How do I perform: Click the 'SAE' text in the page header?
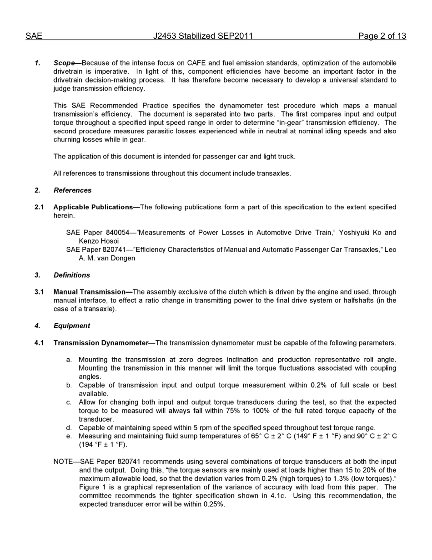(34, 36)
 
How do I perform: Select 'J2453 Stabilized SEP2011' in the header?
(203, 36)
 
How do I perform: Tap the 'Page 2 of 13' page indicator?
(382, 36)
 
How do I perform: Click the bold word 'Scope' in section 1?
(64, 63)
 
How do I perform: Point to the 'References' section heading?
(72, 190)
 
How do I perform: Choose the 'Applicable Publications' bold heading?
(93, 207)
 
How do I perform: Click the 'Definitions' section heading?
(72, 275)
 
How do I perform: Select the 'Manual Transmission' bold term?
(89, 292)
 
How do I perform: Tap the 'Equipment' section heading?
(72, 326)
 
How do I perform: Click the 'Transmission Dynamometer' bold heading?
(100, 343)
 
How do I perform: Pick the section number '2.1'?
(39, 207)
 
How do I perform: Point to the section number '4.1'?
(39, 343)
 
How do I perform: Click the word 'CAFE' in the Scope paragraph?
(197, 63)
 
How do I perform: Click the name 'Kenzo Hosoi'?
(99, 241)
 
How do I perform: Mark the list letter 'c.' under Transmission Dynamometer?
(69, 402)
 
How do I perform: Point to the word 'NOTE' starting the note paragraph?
(64, 462)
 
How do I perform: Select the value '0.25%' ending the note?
(214, 504)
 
